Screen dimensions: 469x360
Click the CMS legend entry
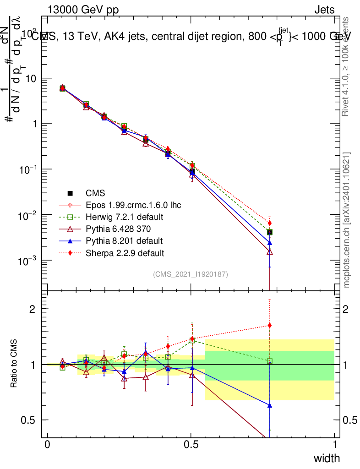click(95, 193)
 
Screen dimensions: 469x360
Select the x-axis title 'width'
click(327, 458)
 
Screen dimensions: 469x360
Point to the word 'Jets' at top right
click(324, 10)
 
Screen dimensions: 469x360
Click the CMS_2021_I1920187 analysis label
click(191, 274)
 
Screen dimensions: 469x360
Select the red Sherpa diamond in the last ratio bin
click(270, 326)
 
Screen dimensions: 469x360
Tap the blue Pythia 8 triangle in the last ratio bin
click(270, 405)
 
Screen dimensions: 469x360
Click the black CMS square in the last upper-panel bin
click(270, 232)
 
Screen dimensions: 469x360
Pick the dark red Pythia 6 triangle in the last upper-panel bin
click(270, 251)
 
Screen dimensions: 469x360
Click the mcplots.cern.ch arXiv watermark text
click(347, 220)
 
